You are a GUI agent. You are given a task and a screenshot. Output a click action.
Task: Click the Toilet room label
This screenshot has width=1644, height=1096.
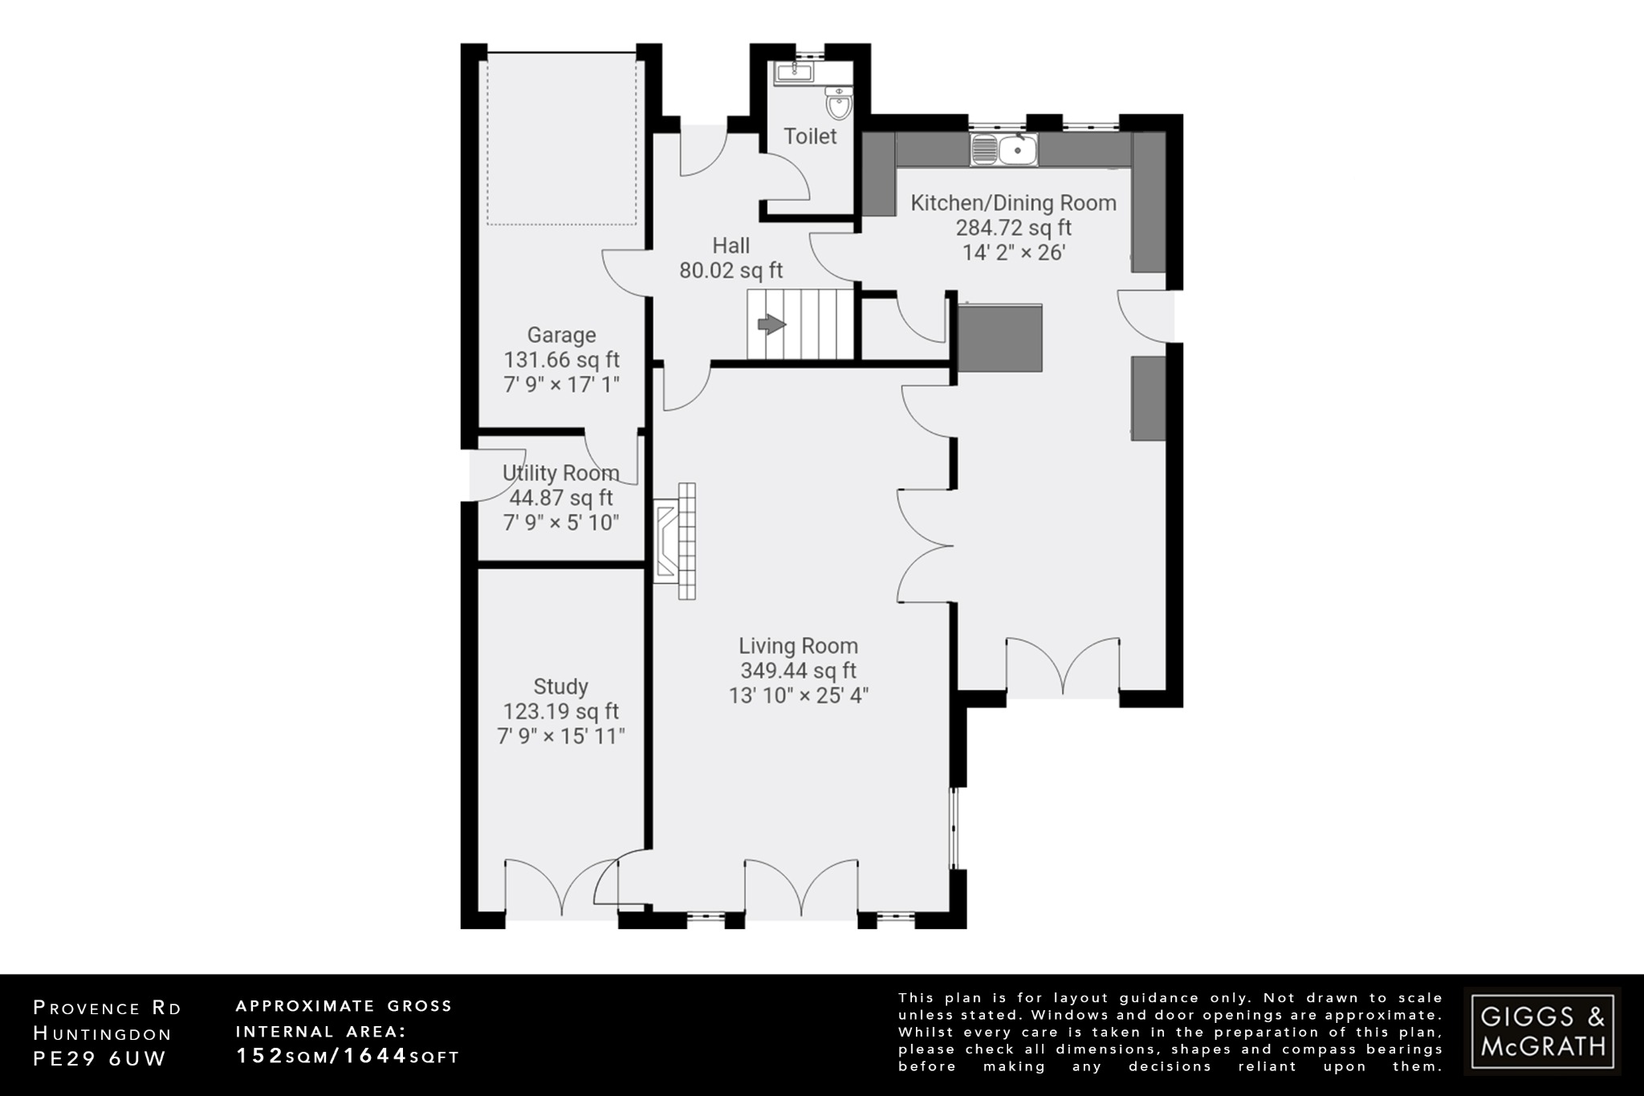[810, 136]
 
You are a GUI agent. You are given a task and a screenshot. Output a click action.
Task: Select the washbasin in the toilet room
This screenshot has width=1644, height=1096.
[794, 74]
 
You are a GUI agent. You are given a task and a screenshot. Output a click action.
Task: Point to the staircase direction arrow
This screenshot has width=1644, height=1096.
[771, 324]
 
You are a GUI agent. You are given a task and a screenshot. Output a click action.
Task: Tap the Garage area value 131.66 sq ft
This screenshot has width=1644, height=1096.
[561, 360]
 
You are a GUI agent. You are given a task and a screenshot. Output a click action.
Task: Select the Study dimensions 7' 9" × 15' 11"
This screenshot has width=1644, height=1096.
[560, 736]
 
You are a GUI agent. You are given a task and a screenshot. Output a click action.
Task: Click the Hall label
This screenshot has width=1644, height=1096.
[730, 246]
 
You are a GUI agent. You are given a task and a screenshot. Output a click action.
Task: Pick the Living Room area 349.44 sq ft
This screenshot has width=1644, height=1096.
[798, 670]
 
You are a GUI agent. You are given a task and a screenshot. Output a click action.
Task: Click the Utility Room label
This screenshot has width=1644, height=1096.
[560, 473]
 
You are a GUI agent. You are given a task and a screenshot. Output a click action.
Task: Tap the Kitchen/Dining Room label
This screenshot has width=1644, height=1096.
[1013, 203]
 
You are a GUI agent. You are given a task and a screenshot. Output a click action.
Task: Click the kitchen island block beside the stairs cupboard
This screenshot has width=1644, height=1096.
[1000, 338]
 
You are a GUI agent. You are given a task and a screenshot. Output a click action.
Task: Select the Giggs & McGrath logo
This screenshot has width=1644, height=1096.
[1542, 1032]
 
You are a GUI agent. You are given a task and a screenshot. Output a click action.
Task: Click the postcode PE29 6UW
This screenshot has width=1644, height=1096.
[99, 1059]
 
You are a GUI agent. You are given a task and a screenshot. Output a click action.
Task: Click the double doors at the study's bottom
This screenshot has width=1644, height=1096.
[560, 888]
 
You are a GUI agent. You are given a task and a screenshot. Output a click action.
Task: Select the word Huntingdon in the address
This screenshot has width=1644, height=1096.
[103, 1034]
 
